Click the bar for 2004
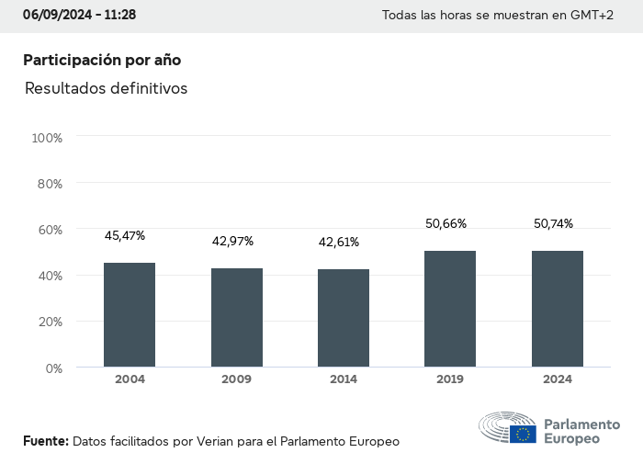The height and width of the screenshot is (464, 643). [x=130, y=315]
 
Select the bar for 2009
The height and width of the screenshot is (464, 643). [x=237, y=318]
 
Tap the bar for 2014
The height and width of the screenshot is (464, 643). [x=344, y=318]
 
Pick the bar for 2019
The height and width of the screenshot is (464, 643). [x=450, y=309]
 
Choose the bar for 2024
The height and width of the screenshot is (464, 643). [x=558, y=309]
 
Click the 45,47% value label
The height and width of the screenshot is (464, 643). [x=125, y=236]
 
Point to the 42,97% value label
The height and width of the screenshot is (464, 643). [x=232, y=242]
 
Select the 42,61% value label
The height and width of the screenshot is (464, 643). [x=339, y=243]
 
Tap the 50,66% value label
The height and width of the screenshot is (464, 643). [x=446, y=223]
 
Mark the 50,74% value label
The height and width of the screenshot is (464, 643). [x=553, y=223]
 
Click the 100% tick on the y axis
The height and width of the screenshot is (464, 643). [x=47, y=138]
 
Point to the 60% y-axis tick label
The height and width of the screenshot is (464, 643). [x=49, y=230]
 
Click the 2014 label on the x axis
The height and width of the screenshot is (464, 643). [x=344, y=379]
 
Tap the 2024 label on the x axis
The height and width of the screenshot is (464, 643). [x=558, y=379]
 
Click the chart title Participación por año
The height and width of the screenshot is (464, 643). [x=102, y=60]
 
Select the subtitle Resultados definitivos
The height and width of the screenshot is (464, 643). [x=106, y=89]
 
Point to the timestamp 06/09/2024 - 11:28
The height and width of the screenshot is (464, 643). [x=80, y=15]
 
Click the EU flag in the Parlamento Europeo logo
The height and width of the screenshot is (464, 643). [x=525, y=434]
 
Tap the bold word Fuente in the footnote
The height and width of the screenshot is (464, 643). [x=45, y=441]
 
